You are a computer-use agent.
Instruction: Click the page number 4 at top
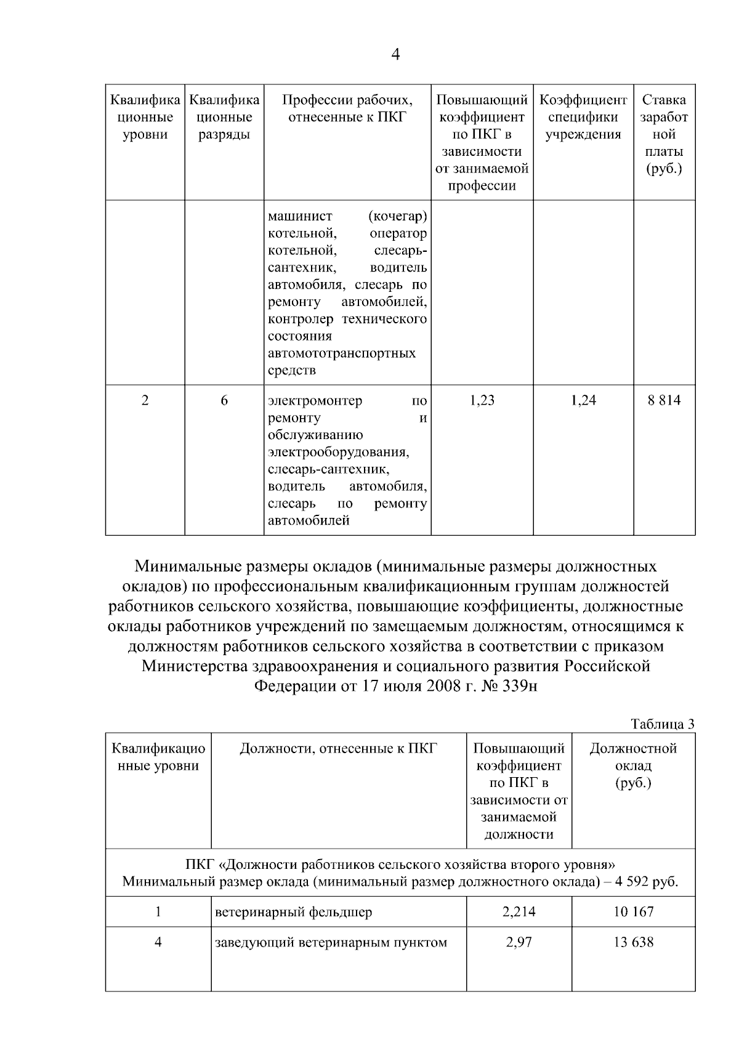[x=395, y=55]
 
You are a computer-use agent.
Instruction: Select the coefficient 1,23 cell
[x=482, y=401]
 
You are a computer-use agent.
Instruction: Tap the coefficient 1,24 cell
[x=583, y=401]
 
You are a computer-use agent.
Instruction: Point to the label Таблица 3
[x=663, y=724]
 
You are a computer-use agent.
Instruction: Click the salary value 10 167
[x=633, y=912]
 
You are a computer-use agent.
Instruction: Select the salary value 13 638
[x=633, y=943]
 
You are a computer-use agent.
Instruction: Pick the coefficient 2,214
[x=519, y=912]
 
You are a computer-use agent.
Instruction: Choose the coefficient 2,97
[x=519, y=943]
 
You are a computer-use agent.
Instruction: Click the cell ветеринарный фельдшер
[x=293, y=912]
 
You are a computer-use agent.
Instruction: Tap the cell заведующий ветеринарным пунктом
[x=331, y=943]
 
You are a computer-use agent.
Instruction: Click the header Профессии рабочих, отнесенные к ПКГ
[x=347, y=108]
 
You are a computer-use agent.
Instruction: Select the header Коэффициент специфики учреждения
[x=583, y=117]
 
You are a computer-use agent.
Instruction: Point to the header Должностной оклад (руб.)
[x=633, y=765]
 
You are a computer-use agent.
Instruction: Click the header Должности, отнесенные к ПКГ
[x=338, y=749]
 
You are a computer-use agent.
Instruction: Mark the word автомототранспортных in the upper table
[x=342, y=353]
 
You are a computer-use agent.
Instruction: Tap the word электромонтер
[x=315, y=401]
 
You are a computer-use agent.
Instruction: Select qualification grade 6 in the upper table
[x=224, y=401]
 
